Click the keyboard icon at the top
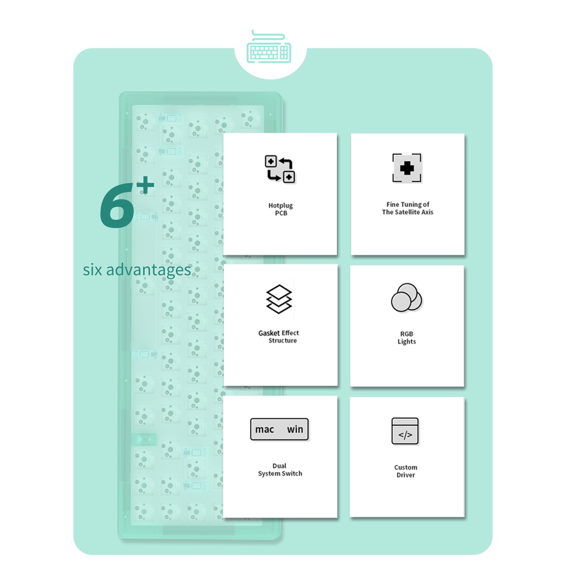pos(269,47)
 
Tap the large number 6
pos(117,206)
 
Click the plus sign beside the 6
pos(146,185)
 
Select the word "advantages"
pos(149,270)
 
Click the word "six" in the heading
pos(93,270)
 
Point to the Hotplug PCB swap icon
pos(280,169)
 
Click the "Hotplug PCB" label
pos(280,209)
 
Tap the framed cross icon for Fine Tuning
pos(407,168)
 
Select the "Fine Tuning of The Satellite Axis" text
pos(407,208)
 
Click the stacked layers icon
pos(279,299)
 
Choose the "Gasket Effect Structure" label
pos(279,337)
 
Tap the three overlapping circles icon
pos(407,298)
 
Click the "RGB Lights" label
pos(407,338)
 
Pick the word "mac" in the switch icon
pos(264,430)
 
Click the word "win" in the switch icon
pos(295,430)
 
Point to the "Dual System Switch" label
pos(280,469)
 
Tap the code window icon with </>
pos(405,431)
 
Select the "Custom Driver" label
pos(406,471)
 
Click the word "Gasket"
pos(269,333)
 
